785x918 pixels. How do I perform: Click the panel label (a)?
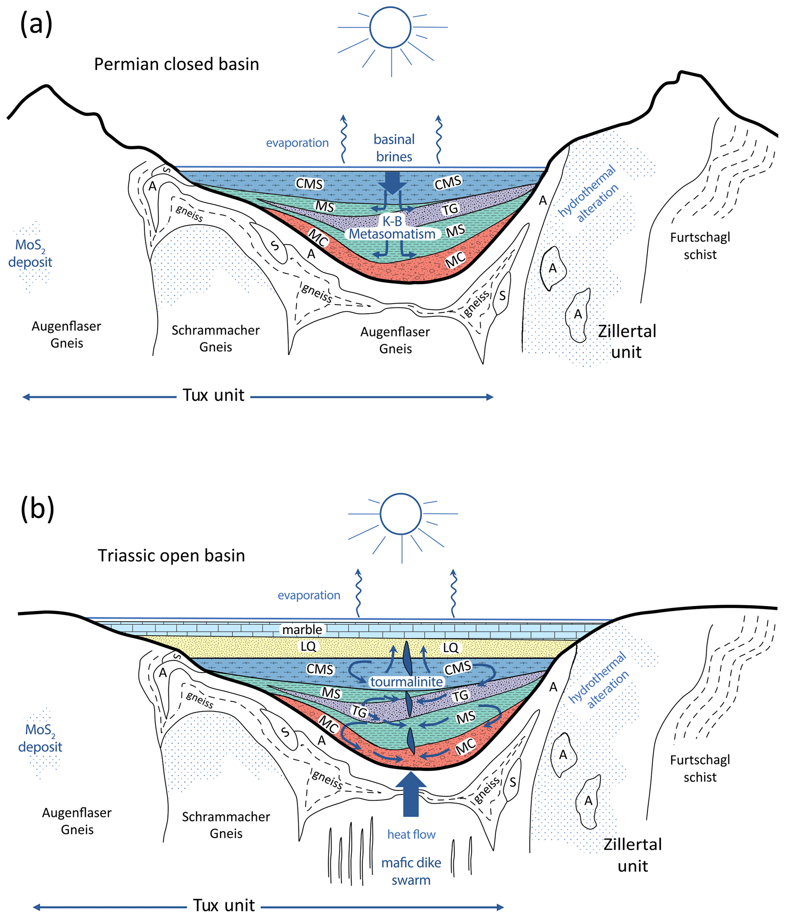[x=36, y=24]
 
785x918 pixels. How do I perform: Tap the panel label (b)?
[x=37, y=509]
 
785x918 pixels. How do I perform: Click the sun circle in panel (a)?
[x=390, y=27]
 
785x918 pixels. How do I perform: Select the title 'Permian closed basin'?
[x=176, y=64]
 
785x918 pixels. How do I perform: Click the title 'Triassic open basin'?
[x=171, y=556]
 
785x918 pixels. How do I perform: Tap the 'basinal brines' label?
[x=394, y=148]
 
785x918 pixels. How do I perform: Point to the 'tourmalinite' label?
[x=406, y=682]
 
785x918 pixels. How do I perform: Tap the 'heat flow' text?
[x=411, y=835]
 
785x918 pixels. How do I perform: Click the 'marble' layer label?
[x=302, y=630]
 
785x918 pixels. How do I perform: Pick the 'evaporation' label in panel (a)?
[x=297, y=143]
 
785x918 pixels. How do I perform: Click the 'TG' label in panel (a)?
[x=450, y=209]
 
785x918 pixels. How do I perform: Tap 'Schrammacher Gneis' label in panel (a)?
[x=215, y=338]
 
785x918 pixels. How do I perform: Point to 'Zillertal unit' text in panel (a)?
[x=627, y=341]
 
